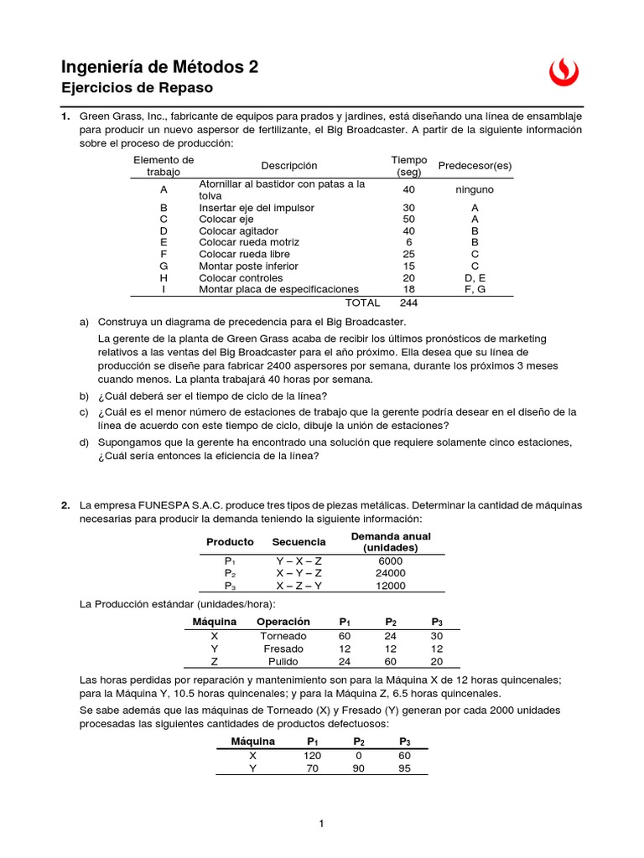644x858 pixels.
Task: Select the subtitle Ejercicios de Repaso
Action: (138, 88)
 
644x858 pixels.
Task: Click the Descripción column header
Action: (289, 166)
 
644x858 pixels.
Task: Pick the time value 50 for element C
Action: (408, 219)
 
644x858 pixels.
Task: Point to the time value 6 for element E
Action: (408, 242)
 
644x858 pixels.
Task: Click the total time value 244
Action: (408, 302)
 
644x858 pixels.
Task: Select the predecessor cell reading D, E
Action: (475, 277)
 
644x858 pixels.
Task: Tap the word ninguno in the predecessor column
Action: (475, 189)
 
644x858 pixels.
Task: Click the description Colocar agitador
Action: (238, 230)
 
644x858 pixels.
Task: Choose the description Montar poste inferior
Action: (249, 266)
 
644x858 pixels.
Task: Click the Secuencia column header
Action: (299, 542)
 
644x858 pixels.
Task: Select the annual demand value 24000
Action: (391, 573)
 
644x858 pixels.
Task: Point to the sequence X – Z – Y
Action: (299, 586)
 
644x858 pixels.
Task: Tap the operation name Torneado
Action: (283, 636)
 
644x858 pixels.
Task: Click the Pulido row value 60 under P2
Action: (390, 660)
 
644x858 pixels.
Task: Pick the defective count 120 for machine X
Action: (312, 755)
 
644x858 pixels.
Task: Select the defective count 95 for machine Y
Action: (404, 768)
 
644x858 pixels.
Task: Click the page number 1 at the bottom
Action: (321, 824)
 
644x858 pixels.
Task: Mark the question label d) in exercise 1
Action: (84, 442)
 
